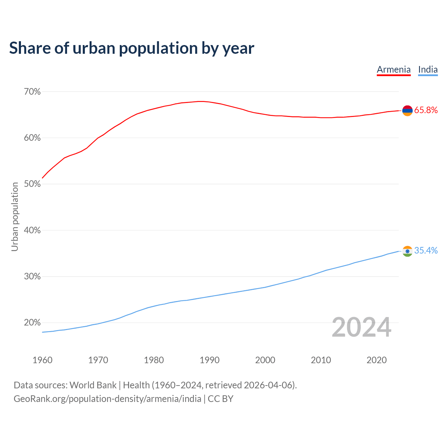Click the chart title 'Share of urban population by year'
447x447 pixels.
tap(132, 48)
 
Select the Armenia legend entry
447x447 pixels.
tap(394, 69)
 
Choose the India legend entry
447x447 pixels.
tap(428, 69)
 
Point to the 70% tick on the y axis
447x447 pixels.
tap(32, 92)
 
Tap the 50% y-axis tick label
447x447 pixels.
tap(32, 184)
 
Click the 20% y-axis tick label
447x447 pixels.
tap(32, 323)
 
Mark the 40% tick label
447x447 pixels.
tap(32, 230)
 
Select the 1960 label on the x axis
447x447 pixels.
tap(43, 360)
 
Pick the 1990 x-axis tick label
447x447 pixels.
tap(210, 360)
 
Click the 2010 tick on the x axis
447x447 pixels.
tap(321, 360)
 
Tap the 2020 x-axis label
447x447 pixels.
tap(376, 360)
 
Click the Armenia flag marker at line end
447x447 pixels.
tap(408, 110)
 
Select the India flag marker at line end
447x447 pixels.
tap(408, 251)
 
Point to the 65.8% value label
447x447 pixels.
tap(426, 110)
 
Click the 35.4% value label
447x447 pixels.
tap(426, 251)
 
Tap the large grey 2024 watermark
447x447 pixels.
tap(361, 327)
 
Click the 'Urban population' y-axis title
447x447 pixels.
tap(15, 217)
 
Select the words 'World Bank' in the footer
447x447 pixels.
tap(93, 385)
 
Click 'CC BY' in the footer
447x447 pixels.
tap(220, 399)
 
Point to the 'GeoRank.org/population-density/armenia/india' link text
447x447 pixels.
tap(107, 399)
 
